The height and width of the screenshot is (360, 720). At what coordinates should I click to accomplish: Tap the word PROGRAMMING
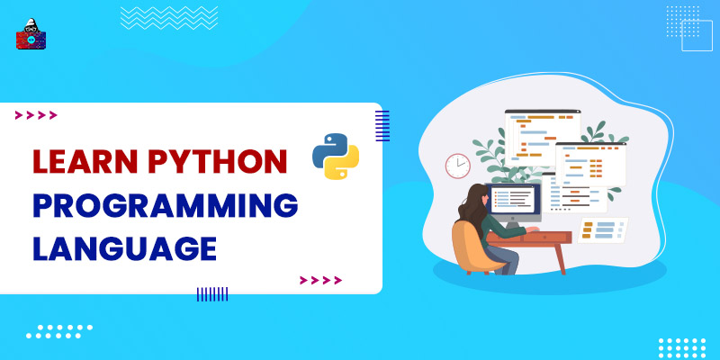[166, 205]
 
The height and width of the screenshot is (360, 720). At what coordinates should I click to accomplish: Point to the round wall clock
[458, 166]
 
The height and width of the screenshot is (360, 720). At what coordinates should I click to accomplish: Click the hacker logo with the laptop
[31, 33]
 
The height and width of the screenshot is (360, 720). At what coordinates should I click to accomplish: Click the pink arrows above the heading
[36, 114]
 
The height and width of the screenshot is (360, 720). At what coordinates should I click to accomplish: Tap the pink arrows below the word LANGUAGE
[320, 280]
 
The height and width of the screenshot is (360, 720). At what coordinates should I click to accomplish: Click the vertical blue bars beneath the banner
[212, 293]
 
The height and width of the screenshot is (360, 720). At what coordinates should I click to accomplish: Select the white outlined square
[697, 35]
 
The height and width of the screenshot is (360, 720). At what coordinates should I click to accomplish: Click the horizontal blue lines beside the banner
[382, 126]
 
